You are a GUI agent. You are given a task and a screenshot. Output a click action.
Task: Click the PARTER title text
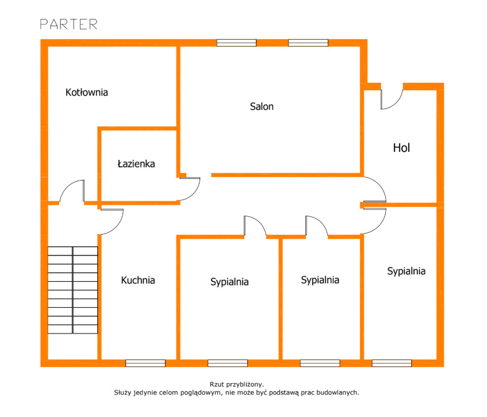[x=68, y=24]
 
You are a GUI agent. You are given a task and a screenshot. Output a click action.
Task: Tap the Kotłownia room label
[x=87, y=92]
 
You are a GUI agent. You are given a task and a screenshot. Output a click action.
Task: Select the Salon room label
[x=262, y=106]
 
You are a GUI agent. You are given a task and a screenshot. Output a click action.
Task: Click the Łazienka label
[x=136, y=164]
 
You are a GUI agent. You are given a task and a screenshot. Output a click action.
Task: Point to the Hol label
[x=401, y=148]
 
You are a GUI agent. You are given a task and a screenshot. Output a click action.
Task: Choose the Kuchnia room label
[x=138, y=280]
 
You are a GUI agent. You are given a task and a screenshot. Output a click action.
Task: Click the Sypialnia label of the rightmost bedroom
[x=407, y=271]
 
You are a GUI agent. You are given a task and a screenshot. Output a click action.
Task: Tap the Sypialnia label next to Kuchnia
[x=229, y=282]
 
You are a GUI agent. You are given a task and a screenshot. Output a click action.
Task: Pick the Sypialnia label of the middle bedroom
[x=320, y=280]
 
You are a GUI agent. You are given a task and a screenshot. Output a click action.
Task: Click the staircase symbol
[x=72, y=290]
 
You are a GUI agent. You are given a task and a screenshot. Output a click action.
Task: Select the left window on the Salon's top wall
[x=236, y=43]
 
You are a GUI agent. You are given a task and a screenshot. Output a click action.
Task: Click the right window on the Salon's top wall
[x=308, y=43]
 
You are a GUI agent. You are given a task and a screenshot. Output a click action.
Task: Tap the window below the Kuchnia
[x=145, y=363]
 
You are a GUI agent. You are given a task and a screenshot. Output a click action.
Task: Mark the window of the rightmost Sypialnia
[x=392, y=363]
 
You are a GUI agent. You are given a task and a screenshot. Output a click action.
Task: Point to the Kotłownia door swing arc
[x=66, y=187]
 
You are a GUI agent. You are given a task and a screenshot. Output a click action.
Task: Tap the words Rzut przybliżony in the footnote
[x=237, y=385]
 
